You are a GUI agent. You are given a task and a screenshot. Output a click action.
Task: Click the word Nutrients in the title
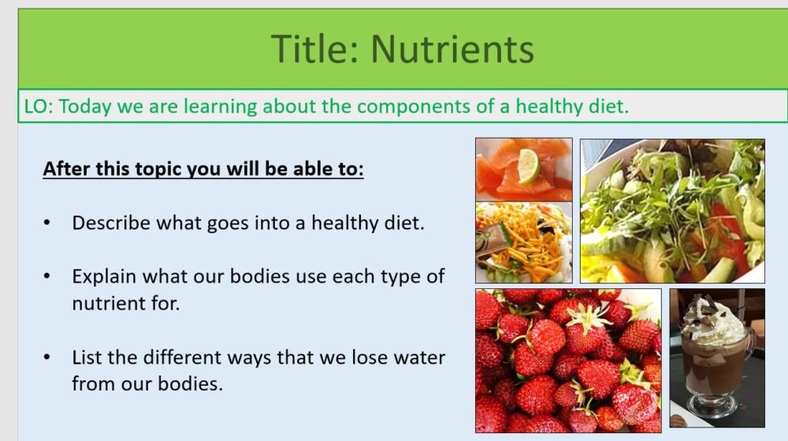click(452, 49)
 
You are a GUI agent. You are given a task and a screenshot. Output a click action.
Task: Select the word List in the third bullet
click(86, 358)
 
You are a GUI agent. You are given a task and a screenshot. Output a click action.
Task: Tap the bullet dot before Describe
click(48, 224)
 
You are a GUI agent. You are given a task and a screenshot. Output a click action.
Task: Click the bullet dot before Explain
click(48, 277)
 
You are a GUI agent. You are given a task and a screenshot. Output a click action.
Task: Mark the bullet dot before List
click(48, 358)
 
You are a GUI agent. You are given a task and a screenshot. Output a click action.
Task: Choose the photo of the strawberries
click(567, 360)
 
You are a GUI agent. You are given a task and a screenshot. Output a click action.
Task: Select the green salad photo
click(672, 210)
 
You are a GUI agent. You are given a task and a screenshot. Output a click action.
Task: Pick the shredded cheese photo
click(523, 242)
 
